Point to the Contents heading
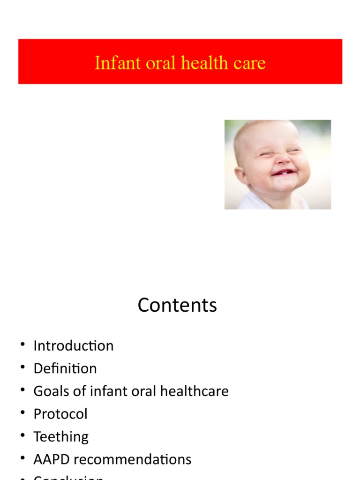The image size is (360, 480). pyautogui.click(x=177, y=305)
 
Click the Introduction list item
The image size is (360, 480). pyautogui.click(x=73, y=346)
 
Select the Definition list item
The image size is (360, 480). pyautogui.click(x=65, y=368)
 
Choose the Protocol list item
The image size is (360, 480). pyautogui.click(x=60, y=414)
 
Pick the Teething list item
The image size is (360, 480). pyautogui.click(x=61, y=437)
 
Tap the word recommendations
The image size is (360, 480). pyautogui.click(x=133, y=459)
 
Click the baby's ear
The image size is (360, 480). pyautogui.click(x=241, y=176)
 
